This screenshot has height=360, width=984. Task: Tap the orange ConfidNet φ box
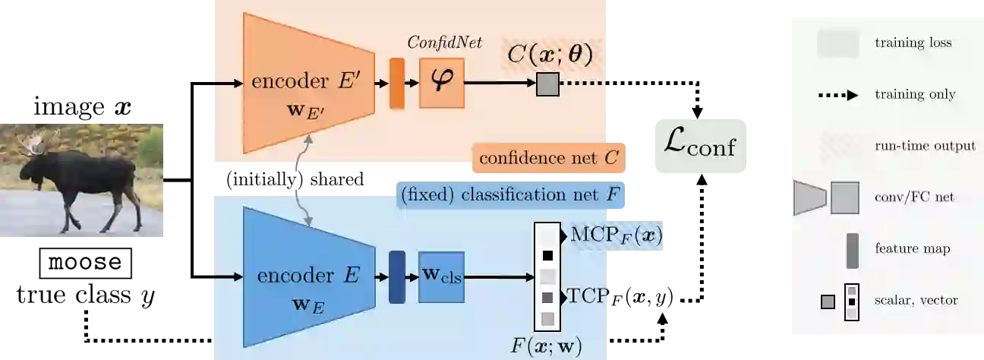click(x=441, y=83)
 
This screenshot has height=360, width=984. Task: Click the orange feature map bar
click(x=396, y=83)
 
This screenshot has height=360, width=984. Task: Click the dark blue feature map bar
click(x=396, y=277)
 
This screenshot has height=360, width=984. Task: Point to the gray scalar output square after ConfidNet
click(x=547, y=84)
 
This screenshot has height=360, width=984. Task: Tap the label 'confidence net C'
click(x=549, y=159)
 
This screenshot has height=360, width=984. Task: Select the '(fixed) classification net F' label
click(x=511, y=194)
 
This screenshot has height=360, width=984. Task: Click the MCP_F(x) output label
click(x=617, y=236)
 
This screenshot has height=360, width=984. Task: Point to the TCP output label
click(x=589, y=295)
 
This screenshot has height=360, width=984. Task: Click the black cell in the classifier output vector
click(x=547, y=256)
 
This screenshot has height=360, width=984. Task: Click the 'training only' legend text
click(x=915, y=95)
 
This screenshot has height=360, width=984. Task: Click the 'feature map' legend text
click(x=912, y=248)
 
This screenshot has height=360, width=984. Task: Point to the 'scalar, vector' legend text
click(x=916, y=300)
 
